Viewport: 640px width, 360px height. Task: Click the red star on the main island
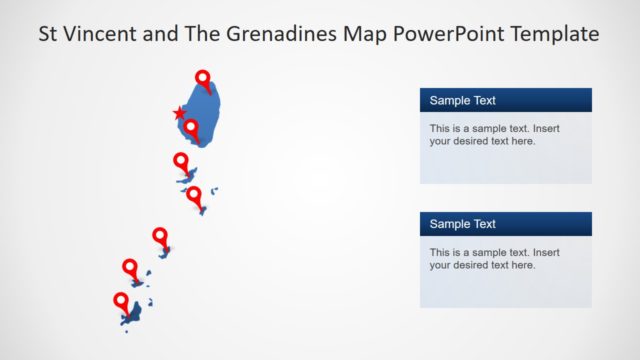click(180, 113)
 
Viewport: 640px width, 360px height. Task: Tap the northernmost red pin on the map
click(203, 78)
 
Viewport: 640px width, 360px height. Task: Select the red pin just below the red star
click(190, 127)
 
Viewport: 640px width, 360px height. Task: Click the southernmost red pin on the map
click(121, 301)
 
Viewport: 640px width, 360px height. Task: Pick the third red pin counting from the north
click(181, 161)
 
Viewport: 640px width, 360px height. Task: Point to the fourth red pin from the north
click(194, 194)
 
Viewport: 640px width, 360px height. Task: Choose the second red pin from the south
click(130, 267)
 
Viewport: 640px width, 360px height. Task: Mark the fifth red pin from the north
click(160, 236)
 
